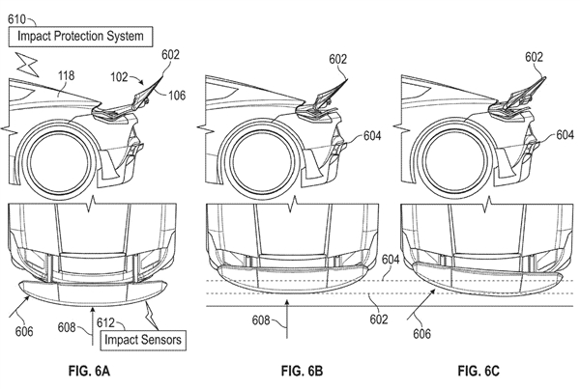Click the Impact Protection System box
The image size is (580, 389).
coord(80,37)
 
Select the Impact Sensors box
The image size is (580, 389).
coord(143,340)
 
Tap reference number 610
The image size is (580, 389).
coord(17,19)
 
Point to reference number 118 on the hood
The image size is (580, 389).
coord(66,75)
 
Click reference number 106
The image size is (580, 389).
coord(177,96)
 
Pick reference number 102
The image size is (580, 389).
coord(119,77)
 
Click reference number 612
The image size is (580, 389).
coord(105,322)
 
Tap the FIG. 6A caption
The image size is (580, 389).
coord(89,371)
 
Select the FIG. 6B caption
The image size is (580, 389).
coord(303,371)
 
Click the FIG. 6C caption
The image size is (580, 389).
coord(478,371)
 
